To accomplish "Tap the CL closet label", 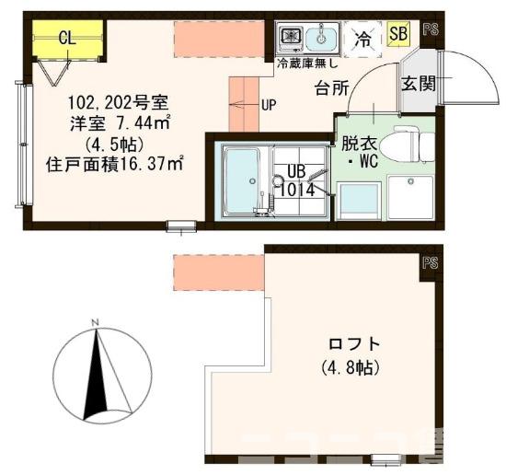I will (66, 38).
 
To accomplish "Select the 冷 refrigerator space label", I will (365, 39).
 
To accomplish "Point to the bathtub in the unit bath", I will (243, 180).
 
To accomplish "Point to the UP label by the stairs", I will (269, 104).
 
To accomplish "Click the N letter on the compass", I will (95, 321).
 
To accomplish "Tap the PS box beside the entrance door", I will (431, 29).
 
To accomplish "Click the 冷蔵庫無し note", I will (306, 64).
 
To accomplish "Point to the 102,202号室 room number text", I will (117, 99).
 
